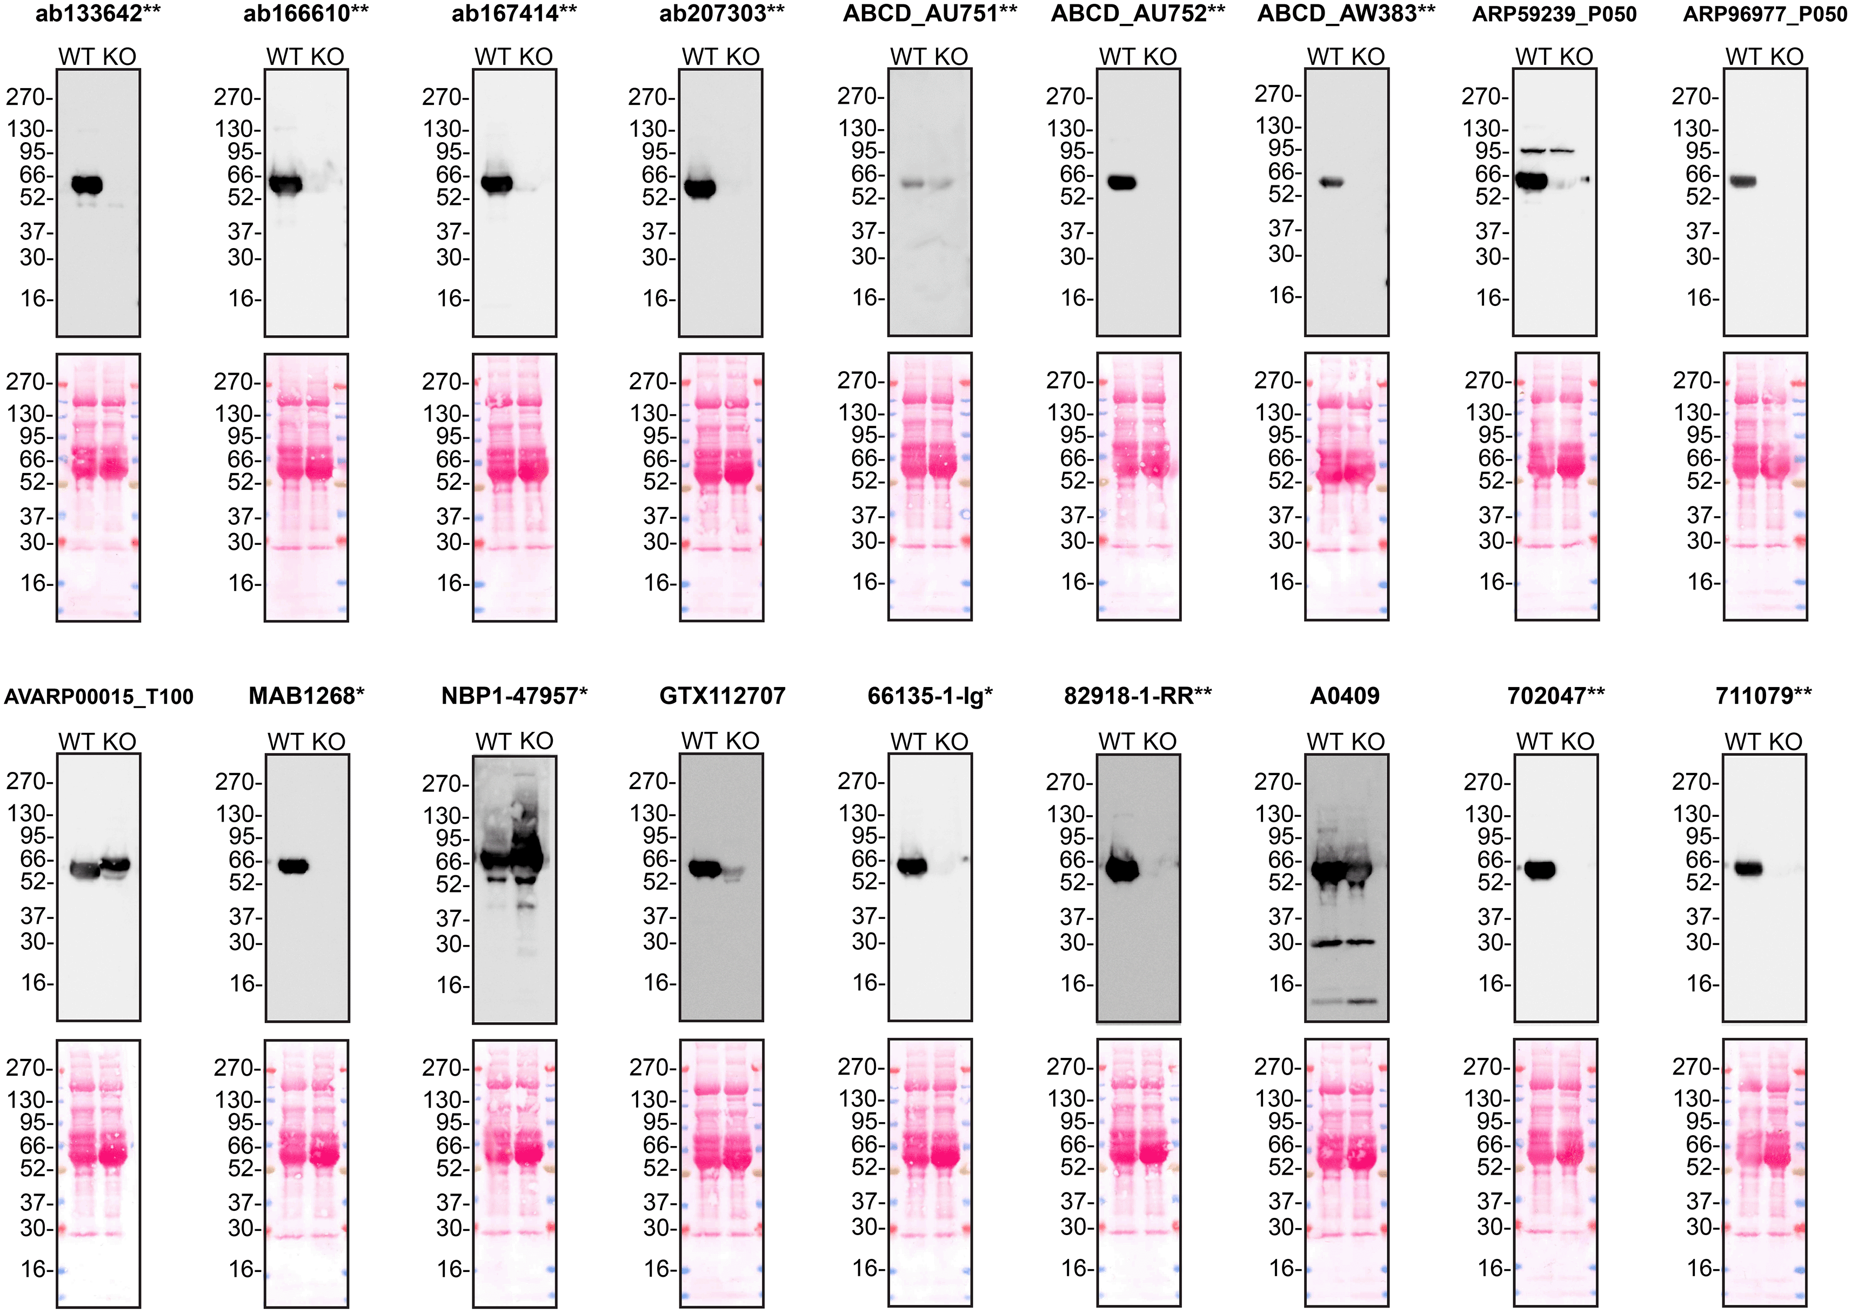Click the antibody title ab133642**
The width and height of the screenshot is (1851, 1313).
pyautogui.click(x=98, y=14)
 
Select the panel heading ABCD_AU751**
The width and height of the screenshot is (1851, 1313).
pyautogui.click(x=930, y=14)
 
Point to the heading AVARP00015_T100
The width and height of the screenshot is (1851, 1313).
pyautogui.click(x=98, y=697)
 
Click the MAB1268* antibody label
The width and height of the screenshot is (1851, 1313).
pyautogui.click(x=306, y=696)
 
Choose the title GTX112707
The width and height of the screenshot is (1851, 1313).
pyautogui.click(x=722, y=696)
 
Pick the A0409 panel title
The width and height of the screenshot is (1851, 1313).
pyautogui.click(x=1345, y=696)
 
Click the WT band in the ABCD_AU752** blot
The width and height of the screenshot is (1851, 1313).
pyautogui.click(x=1122, y=183)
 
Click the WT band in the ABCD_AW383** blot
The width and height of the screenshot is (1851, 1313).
pyautogui.click(x=1331, y=183)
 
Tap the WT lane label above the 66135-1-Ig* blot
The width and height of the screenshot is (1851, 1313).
pyautogui.click(x=908, y=742)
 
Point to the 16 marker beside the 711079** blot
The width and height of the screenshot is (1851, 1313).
pyautogui.click(x=1701, y=983)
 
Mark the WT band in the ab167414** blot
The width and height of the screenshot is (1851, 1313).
pyautogui.click(x=496, y=184)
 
